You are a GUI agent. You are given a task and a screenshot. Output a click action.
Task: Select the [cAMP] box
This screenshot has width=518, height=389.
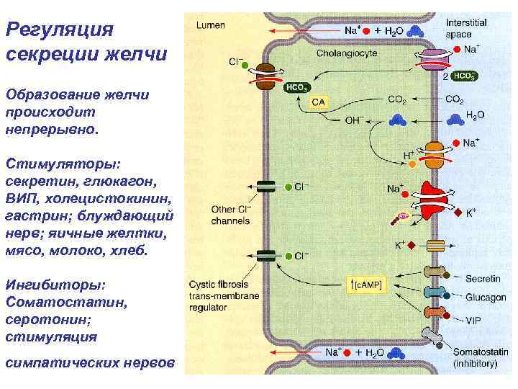(x=368, y=285)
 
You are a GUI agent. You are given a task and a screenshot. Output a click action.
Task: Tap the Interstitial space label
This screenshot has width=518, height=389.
(x=465, y=28)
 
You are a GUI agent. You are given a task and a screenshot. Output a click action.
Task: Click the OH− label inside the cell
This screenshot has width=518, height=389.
(x=355, y=120)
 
